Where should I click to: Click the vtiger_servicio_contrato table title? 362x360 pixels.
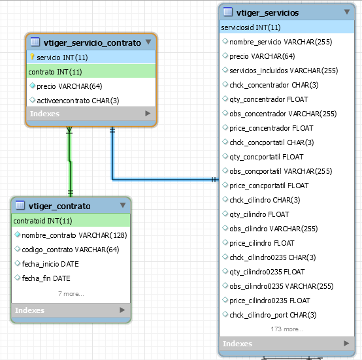tap(92, 42)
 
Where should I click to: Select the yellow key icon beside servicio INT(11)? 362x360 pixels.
tap(32, 57)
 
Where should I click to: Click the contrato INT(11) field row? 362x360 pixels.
tap(91, 72)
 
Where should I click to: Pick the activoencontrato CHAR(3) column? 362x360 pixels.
tap(78, 101)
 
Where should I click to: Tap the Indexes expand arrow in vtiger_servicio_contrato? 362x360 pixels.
tap(148, 113)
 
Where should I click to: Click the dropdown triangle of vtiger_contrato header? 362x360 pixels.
tap(123, 205)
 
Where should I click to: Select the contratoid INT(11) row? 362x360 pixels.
tap(71, 221)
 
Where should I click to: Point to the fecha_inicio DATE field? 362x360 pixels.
tap(50, 264)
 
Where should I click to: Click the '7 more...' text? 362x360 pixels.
tap(71, 294)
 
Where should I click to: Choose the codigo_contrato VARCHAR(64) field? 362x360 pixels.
tap(71, 250)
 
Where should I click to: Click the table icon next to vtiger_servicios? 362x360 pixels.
tap(228, 12)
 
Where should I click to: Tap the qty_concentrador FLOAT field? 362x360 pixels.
tap(269, 99)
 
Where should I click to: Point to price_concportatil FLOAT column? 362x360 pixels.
tap(269, 186)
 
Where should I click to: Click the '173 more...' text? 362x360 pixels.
tap(288, 329)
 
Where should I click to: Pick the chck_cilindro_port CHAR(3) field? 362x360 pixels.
tap(273, 315)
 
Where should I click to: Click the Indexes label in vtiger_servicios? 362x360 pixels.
tap(237, 344)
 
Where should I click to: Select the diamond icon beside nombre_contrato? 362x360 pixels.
tap(17, 235)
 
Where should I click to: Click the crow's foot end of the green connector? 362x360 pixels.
tap(69, 130)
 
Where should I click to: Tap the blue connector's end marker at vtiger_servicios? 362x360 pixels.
tap(214, 180)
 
